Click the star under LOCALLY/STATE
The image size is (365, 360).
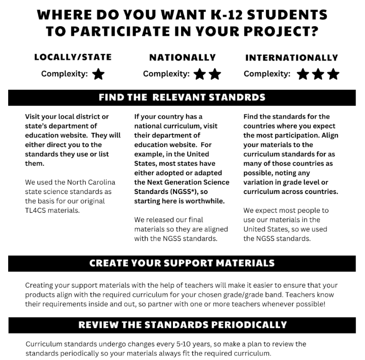point(98,74)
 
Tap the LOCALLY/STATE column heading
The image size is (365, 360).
point(73,57)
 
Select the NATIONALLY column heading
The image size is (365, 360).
point(182,57)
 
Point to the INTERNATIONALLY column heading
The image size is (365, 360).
point(291,58)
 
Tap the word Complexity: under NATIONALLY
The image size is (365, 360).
point(166,74)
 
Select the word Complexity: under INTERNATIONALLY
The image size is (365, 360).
point(267,74)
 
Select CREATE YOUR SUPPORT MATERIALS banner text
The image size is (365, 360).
point(182,263)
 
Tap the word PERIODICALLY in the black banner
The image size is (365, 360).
point(247,325)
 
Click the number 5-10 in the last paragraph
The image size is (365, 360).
point(166,344)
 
